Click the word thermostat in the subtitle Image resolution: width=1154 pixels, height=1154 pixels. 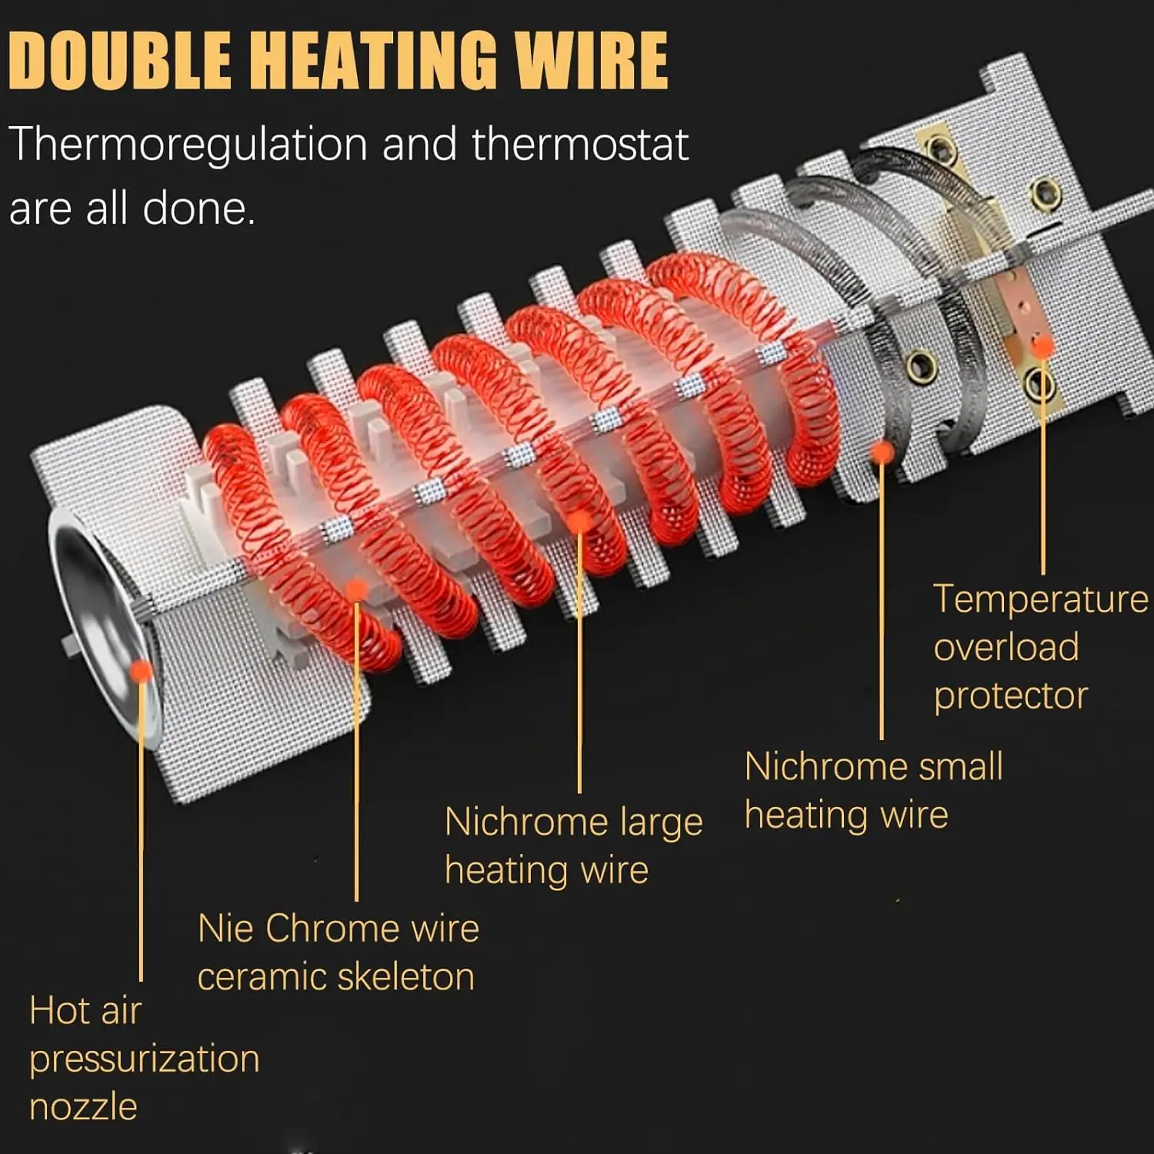(x=580, y=145)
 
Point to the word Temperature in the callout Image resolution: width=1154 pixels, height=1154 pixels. (x=1040, y=599)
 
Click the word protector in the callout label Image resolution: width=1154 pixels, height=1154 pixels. (x=1010, y=696)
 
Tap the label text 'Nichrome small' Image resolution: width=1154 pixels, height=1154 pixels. (x=873, y=767)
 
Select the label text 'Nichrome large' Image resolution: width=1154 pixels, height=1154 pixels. (x=573, y=822)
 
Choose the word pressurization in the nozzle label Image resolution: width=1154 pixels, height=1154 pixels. (x=145, y=1059)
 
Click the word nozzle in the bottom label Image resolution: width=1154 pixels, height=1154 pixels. (x=83, y=1108)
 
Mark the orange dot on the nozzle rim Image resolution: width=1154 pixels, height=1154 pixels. (x=141, y=671)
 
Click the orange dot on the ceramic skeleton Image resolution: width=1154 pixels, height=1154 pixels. (x=356, y=590)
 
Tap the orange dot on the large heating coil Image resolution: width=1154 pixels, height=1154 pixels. (x=580, y=522)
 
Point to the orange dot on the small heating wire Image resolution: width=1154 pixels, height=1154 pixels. (x=882, y=452)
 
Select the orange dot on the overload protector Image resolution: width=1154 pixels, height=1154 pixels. (x=1042, y=345)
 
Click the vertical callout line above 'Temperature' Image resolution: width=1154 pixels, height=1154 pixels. (x=1042, y=477)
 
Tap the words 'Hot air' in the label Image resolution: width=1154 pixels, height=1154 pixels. (x=85, y=1011)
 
